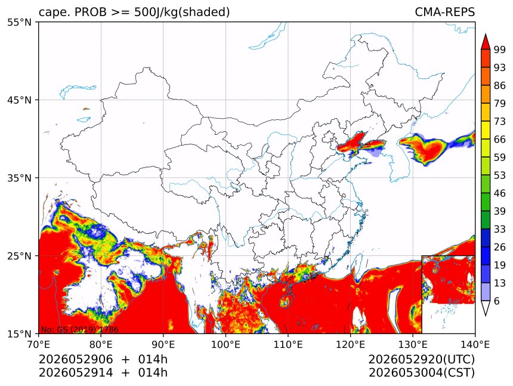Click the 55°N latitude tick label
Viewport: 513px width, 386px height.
[19, 22]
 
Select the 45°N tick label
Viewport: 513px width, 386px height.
[19, 100]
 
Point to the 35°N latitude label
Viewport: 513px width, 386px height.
[19, 178]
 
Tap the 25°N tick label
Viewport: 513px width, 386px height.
[19, 255]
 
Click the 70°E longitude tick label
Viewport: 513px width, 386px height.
[39, 344]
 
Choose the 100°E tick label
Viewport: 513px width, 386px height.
[225, 344]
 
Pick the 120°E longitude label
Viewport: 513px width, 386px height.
[350, 344]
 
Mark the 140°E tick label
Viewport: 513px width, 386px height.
[475, 344]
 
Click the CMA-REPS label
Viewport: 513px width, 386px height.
[444, 12]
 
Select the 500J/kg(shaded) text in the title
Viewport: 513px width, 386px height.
[182, 13]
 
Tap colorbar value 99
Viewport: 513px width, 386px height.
[500, 50]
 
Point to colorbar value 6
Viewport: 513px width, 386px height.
[497, 301]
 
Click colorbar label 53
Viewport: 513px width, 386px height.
[500, 175]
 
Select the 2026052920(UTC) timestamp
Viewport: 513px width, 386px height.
[421, 359]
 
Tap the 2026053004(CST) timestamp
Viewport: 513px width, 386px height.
[421, 373]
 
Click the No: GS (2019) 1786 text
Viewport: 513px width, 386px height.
[79, 329]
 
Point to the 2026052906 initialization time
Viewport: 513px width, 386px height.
[76, 359]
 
